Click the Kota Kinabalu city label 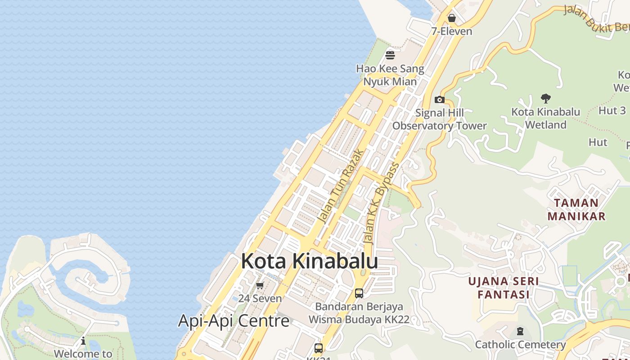(x=309, y=261)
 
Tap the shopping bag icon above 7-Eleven (x=452, y=18)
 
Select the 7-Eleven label (x=452, y=31)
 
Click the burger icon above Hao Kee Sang (x=390, y=55)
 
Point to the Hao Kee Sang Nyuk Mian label (x=390, y=75)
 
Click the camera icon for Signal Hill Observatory (x=440, y=100)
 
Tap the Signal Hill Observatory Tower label (x=440, y=119)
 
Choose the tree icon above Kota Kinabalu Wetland (x=546, y=99)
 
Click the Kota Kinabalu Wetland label (x=546, y=118)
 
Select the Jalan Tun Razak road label (x=340, y=186)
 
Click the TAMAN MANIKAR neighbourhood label (x=576, y=210)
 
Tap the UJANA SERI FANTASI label (x=504, y=288)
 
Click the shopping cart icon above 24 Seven (x=260, y=286)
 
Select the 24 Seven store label (x=260, y=298)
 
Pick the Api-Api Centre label (x=234, y=321)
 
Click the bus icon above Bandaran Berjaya (x=359, y=293)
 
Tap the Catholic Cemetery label (x=520, y=345)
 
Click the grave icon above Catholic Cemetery (x=520, y=332)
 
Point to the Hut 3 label (x=612, y=111)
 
